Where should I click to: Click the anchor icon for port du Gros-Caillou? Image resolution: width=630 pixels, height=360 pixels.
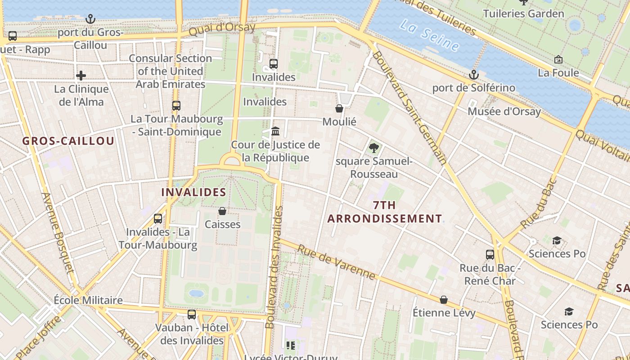(x=91, y=19)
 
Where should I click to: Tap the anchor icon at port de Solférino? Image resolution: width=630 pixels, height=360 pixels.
(x=473, y=74)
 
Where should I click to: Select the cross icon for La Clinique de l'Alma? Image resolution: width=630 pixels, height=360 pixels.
(x=81, y=76)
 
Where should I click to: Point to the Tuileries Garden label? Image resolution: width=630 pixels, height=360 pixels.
(x=523, y=13)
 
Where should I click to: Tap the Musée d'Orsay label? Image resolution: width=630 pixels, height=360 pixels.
(x=504, y=111)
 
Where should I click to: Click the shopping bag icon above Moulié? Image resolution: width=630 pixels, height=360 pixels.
(x=339, y=108)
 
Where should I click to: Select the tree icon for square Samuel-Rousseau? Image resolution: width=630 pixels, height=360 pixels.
(x=373, y=148)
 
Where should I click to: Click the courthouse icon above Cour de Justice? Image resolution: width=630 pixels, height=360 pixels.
(x=275, y=131)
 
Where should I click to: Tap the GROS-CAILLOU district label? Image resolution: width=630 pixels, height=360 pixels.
(x=68, y=141)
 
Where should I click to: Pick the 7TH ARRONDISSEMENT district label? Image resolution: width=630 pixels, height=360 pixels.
(x=384, y=212)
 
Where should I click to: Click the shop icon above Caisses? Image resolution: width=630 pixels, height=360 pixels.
(x=222, y=211)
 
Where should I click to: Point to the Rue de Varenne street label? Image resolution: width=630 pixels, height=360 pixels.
(x=336, y=262)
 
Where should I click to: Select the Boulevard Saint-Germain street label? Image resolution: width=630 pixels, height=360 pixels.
(x=409, y=108)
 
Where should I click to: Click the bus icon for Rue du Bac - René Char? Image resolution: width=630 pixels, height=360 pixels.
(x=490, y=254)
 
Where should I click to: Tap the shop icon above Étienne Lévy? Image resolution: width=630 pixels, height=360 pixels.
(x=444, y=300)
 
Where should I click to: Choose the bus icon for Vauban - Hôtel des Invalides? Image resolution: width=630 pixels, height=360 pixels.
(x=192, y=314)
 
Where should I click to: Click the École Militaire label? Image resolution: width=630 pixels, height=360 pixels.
(x=88, y=300)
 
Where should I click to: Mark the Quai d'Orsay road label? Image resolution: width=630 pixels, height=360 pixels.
(x=222, y=29)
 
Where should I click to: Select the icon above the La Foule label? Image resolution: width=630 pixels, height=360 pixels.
(x=558, y=59)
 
